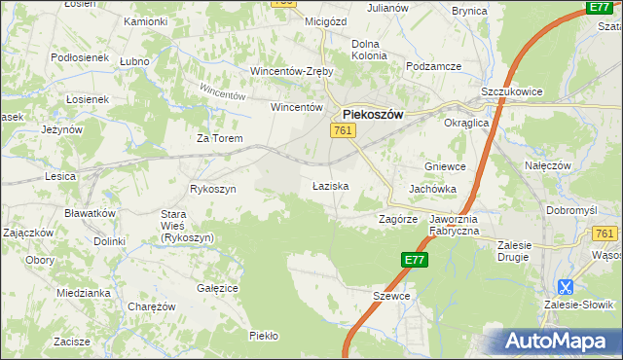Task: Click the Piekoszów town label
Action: (x=373, y=113)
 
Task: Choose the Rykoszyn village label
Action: (x=213, y=189)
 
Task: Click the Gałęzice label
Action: (x=218, y=288)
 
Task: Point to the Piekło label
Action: (x=264, y=336)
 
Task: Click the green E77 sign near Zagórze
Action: (x=414, y=260)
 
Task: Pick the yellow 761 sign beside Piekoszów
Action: (x=342, y=130)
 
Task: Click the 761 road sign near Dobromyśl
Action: (x=605, y=234)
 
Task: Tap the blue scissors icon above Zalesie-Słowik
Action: (x=564, y=287)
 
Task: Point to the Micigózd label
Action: (x=299, y=20)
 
